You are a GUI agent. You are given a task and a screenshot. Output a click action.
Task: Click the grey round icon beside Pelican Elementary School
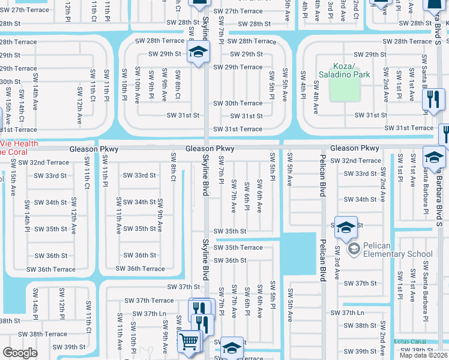(354, 248)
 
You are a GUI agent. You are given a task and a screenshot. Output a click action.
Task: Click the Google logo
(20, 353)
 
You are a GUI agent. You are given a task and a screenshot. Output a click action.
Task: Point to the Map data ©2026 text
(424, 355)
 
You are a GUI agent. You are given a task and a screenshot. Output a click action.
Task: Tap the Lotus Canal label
(409, 341)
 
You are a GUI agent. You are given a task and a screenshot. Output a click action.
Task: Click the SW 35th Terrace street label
(239, 247)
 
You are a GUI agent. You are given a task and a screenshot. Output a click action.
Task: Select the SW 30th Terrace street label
(239, 103)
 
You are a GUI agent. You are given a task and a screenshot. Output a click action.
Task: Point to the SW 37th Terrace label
(149, 300)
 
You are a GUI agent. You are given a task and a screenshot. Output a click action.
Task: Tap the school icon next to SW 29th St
(197, 52)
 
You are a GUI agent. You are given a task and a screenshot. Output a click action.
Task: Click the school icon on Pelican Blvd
(346, 227)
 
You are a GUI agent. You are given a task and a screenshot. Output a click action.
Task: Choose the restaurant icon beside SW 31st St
(433, 100)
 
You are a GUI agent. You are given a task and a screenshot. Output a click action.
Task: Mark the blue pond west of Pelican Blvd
(297, 253)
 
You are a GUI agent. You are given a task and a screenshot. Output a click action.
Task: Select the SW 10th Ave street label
(138, 87)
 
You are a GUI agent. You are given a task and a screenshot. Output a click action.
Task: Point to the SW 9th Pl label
(152, 88)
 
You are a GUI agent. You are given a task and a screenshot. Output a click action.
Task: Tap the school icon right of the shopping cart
(232, 348)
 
